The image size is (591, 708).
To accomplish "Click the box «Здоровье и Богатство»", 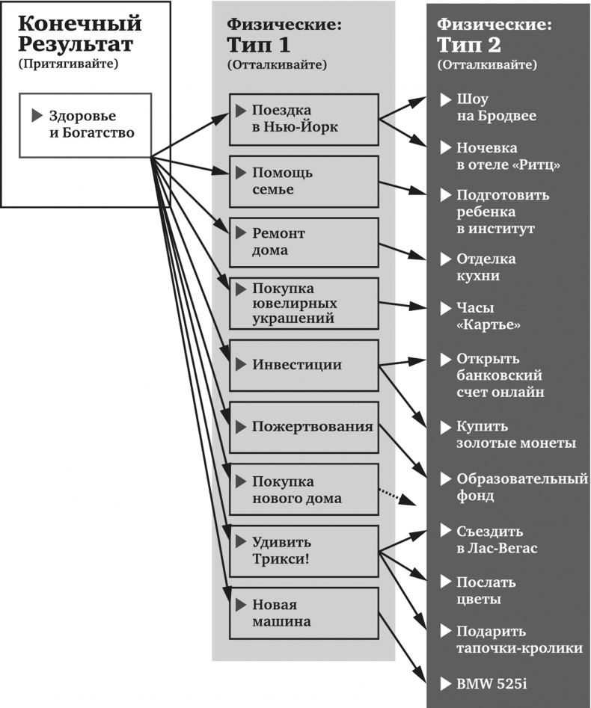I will tap(85, 125).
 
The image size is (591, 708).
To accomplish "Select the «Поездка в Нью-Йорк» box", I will tap(303, 117).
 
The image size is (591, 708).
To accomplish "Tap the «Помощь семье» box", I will tap(303, 182).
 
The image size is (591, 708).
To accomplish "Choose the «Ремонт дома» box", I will tap(303, 242).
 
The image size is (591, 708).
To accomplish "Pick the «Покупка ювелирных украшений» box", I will tap(303, 304).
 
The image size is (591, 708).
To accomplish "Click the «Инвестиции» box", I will tap(303, 365).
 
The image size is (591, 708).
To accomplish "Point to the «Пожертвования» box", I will tap(303, 427).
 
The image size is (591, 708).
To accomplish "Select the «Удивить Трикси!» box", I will tap(303, 551).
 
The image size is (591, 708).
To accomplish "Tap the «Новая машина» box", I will tap(303, 613).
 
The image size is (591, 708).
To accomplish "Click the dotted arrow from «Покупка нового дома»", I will tap(397, 496).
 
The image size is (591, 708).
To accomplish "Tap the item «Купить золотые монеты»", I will tap(516, 435).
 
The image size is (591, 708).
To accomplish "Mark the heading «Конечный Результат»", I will tap(79, 34).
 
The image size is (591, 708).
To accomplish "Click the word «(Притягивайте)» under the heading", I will tap(70, 64).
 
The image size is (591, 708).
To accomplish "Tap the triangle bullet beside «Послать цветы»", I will tap(446, 582).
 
